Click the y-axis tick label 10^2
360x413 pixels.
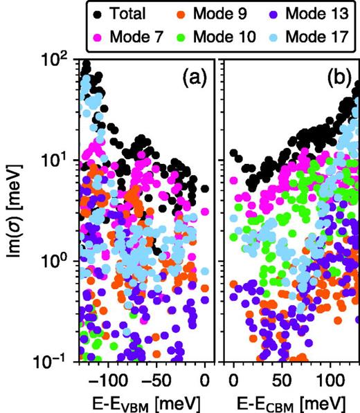(x=57, y=60)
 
